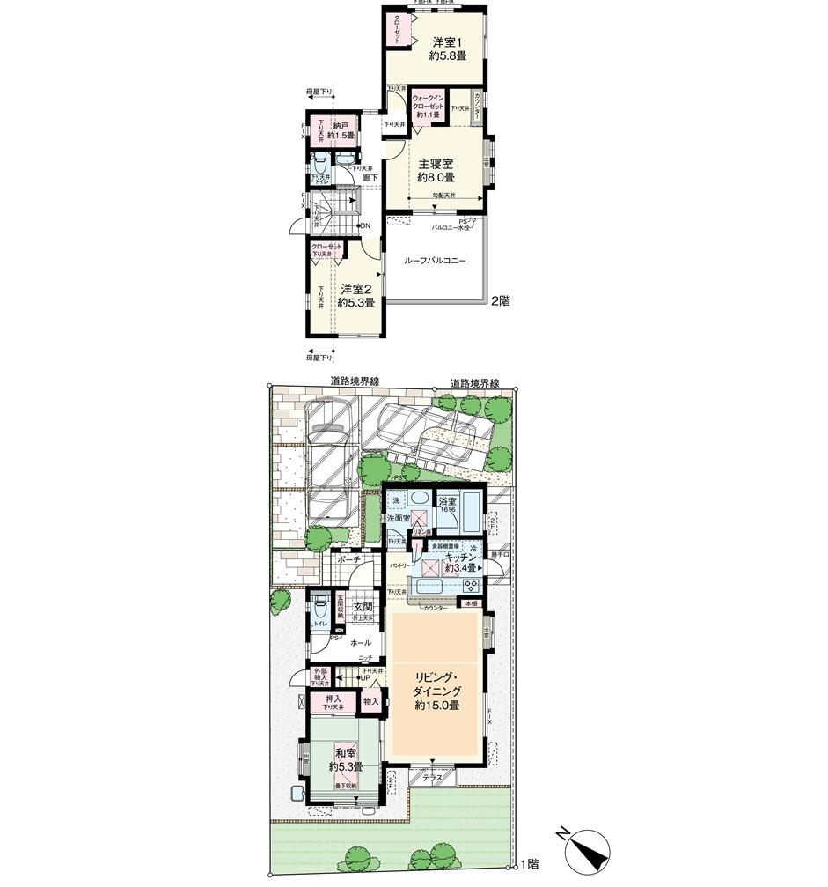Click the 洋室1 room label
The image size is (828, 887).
448,42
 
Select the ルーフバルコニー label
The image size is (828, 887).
434,261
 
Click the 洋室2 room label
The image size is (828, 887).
358,289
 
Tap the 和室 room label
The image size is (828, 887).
342,753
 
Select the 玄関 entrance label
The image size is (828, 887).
363,607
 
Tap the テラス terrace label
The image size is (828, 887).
431,778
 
